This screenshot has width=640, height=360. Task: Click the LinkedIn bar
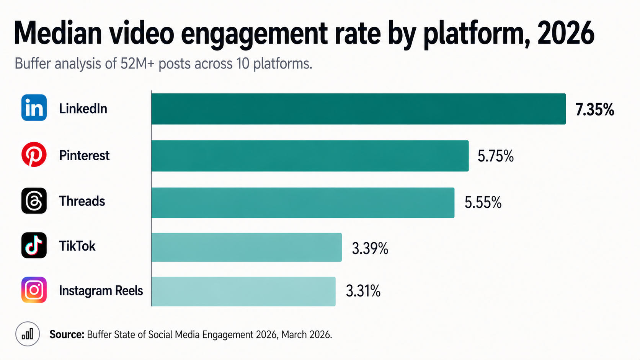click(358, 109)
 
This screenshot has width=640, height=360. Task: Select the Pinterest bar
click(310, 156)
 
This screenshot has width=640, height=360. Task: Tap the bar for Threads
click(303, 203)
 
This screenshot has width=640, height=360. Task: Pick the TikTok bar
click(247, 247)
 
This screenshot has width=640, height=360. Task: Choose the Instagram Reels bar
click(243, 292)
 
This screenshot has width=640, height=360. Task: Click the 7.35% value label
click(594, 110)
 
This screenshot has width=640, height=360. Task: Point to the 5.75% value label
click(495, 156)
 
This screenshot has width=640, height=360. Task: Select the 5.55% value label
click(483, 203)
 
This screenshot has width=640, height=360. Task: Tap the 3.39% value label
click(370, 249)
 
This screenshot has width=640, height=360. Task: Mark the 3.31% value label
click(363, 291)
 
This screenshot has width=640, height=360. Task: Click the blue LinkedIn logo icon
click(34, 108)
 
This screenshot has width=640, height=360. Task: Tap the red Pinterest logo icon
click(34, 155)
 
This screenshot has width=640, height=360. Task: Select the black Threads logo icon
click(34, 200)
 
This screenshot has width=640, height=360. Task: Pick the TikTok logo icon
click(34, 245)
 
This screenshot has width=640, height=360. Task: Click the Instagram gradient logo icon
click(34, 290)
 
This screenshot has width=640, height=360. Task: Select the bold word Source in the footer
click(67, 334)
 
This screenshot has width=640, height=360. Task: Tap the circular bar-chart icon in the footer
click(28, 334)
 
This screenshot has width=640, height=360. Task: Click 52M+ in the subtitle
click(137, 64)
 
